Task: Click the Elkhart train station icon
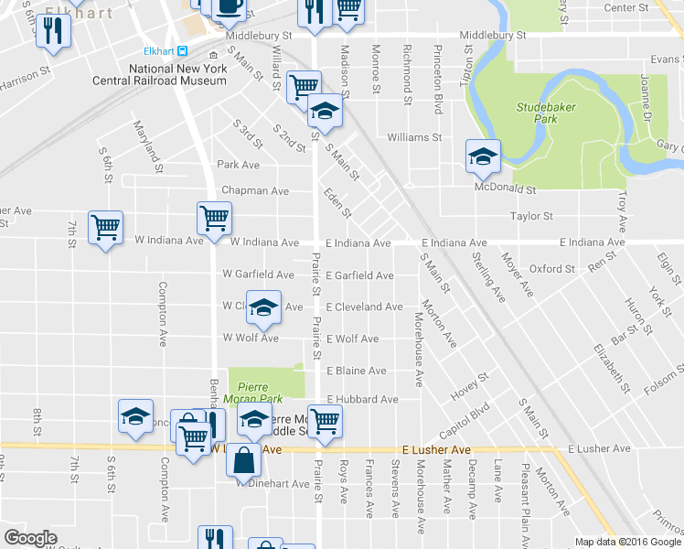[183, 50]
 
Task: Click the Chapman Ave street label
[255, 191]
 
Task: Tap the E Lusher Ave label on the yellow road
[435, 450]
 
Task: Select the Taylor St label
[532, 217]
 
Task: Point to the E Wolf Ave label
[352, 339]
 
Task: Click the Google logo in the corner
[30, 538]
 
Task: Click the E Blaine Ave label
[357, 371]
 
